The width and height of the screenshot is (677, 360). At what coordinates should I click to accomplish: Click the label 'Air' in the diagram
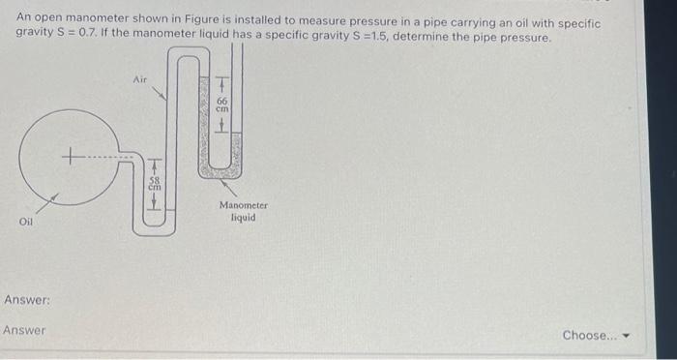point(139,79)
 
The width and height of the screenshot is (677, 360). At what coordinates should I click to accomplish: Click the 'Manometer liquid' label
point(242,211)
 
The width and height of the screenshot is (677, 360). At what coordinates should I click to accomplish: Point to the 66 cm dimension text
point(221,105)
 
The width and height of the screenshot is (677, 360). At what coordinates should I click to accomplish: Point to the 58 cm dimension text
point(153,183)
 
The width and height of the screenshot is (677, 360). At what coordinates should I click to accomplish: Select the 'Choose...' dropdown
point(594,335)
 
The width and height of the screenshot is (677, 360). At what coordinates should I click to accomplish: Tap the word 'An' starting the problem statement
point(23,22)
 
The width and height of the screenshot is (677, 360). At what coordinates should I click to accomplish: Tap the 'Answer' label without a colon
point(24,331)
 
